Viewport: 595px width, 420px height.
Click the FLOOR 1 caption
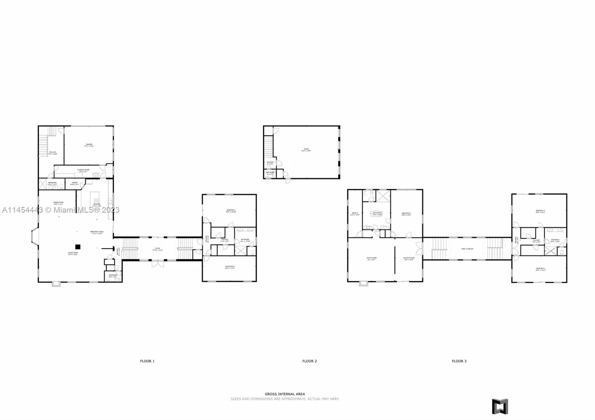click(x=147, y=361)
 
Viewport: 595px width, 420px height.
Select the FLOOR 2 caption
click(x=309, y=361)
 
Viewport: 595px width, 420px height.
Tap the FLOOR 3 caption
click(x=459, y=361)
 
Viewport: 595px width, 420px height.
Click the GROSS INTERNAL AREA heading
click(x=285, y=394)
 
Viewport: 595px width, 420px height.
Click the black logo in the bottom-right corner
click(x=500, y=406)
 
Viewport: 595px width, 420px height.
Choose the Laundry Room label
click(x=84, y=170)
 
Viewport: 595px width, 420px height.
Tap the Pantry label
click(x=74, y=183)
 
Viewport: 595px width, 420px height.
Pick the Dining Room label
click(x=59, y=203)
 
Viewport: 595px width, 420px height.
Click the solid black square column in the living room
click(x=78, y=246)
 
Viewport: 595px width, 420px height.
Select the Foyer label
click(x=158, y=249)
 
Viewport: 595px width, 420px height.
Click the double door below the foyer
click(x=157, y=264)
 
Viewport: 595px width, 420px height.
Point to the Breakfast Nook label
click(x=97, y=232)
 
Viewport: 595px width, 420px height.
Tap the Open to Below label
click(x=467, y=249)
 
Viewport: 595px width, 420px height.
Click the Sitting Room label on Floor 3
click(x=409, y=258)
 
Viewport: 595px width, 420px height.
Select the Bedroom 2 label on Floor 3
click(x=540, y=211)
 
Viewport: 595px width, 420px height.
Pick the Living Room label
click(x=73, y=253)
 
